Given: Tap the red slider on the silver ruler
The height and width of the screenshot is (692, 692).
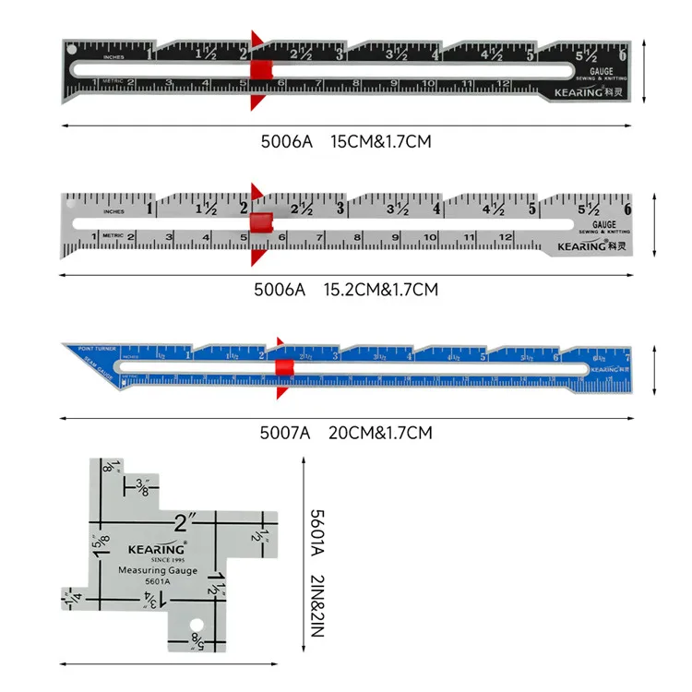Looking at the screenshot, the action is click(x=261, y=222).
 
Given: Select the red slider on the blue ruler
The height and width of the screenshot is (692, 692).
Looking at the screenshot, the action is click(x=282, y=369).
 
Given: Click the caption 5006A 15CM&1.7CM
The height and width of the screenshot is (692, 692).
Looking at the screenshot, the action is click(x=346, y=142).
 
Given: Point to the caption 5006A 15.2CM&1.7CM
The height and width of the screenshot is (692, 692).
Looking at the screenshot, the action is click(x=346, y=289).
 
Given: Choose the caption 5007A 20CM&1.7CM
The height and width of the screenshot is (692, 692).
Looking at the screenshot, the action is click(x=346, y=432).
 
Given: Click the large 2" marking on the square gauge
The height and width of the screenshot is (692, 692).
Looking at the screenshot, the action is click(x=181, y=523).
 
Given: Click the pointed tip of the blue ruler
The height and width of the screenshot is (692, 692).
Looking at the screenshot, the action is click(x=66, y=345).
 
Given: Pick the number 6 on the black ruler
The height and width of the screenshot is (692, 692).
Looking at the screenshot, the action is click(x=624, y=55).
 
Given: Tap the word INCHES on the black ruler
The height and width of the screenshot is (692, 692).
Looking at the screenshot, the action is click(x=114, y=57).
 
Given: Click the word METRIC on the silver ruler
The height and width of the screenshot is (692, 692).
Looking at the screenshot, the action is click(x=113, y=236).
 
